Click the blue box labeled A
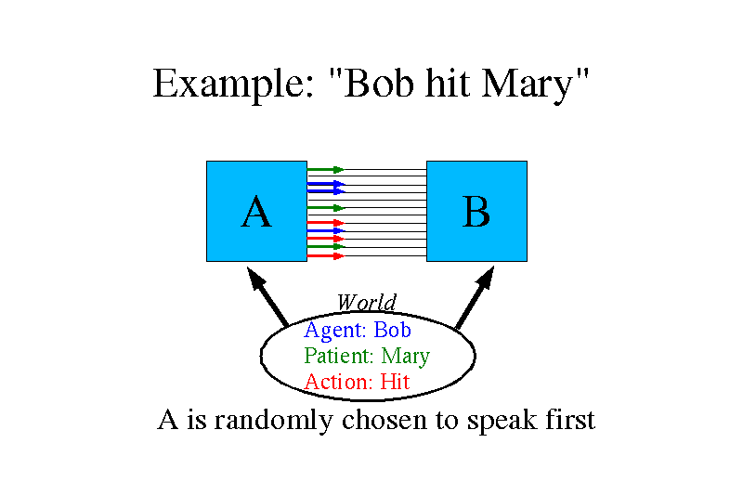click(x=257, y=211)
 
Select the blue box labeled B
click(x=476, y=211)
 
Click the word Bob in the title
click(x=378, y=84)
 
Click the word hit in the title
click(x=448, y=84)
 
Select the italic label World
click(x=366, y=302)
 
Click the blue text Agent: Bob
click(x=358, y=331)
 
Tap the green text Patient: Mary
click(x=367, y=356)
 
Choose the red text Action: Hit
click(x=357, y=382)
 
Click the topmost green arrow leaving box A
click(x=326, y=170)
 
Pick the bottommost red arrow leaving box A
click(x=326, y=256)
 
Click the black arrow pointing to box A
click(x=267, y=296)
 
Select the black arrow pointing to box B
click(x=475, y=297)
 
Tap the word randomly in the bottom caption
click(x=273, y=421)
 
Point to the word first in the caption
click(x=570, y=419)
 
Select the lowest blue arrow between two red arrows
click(x=326, y=230)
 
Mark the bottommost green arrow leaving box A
click(x=326, y=247)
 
